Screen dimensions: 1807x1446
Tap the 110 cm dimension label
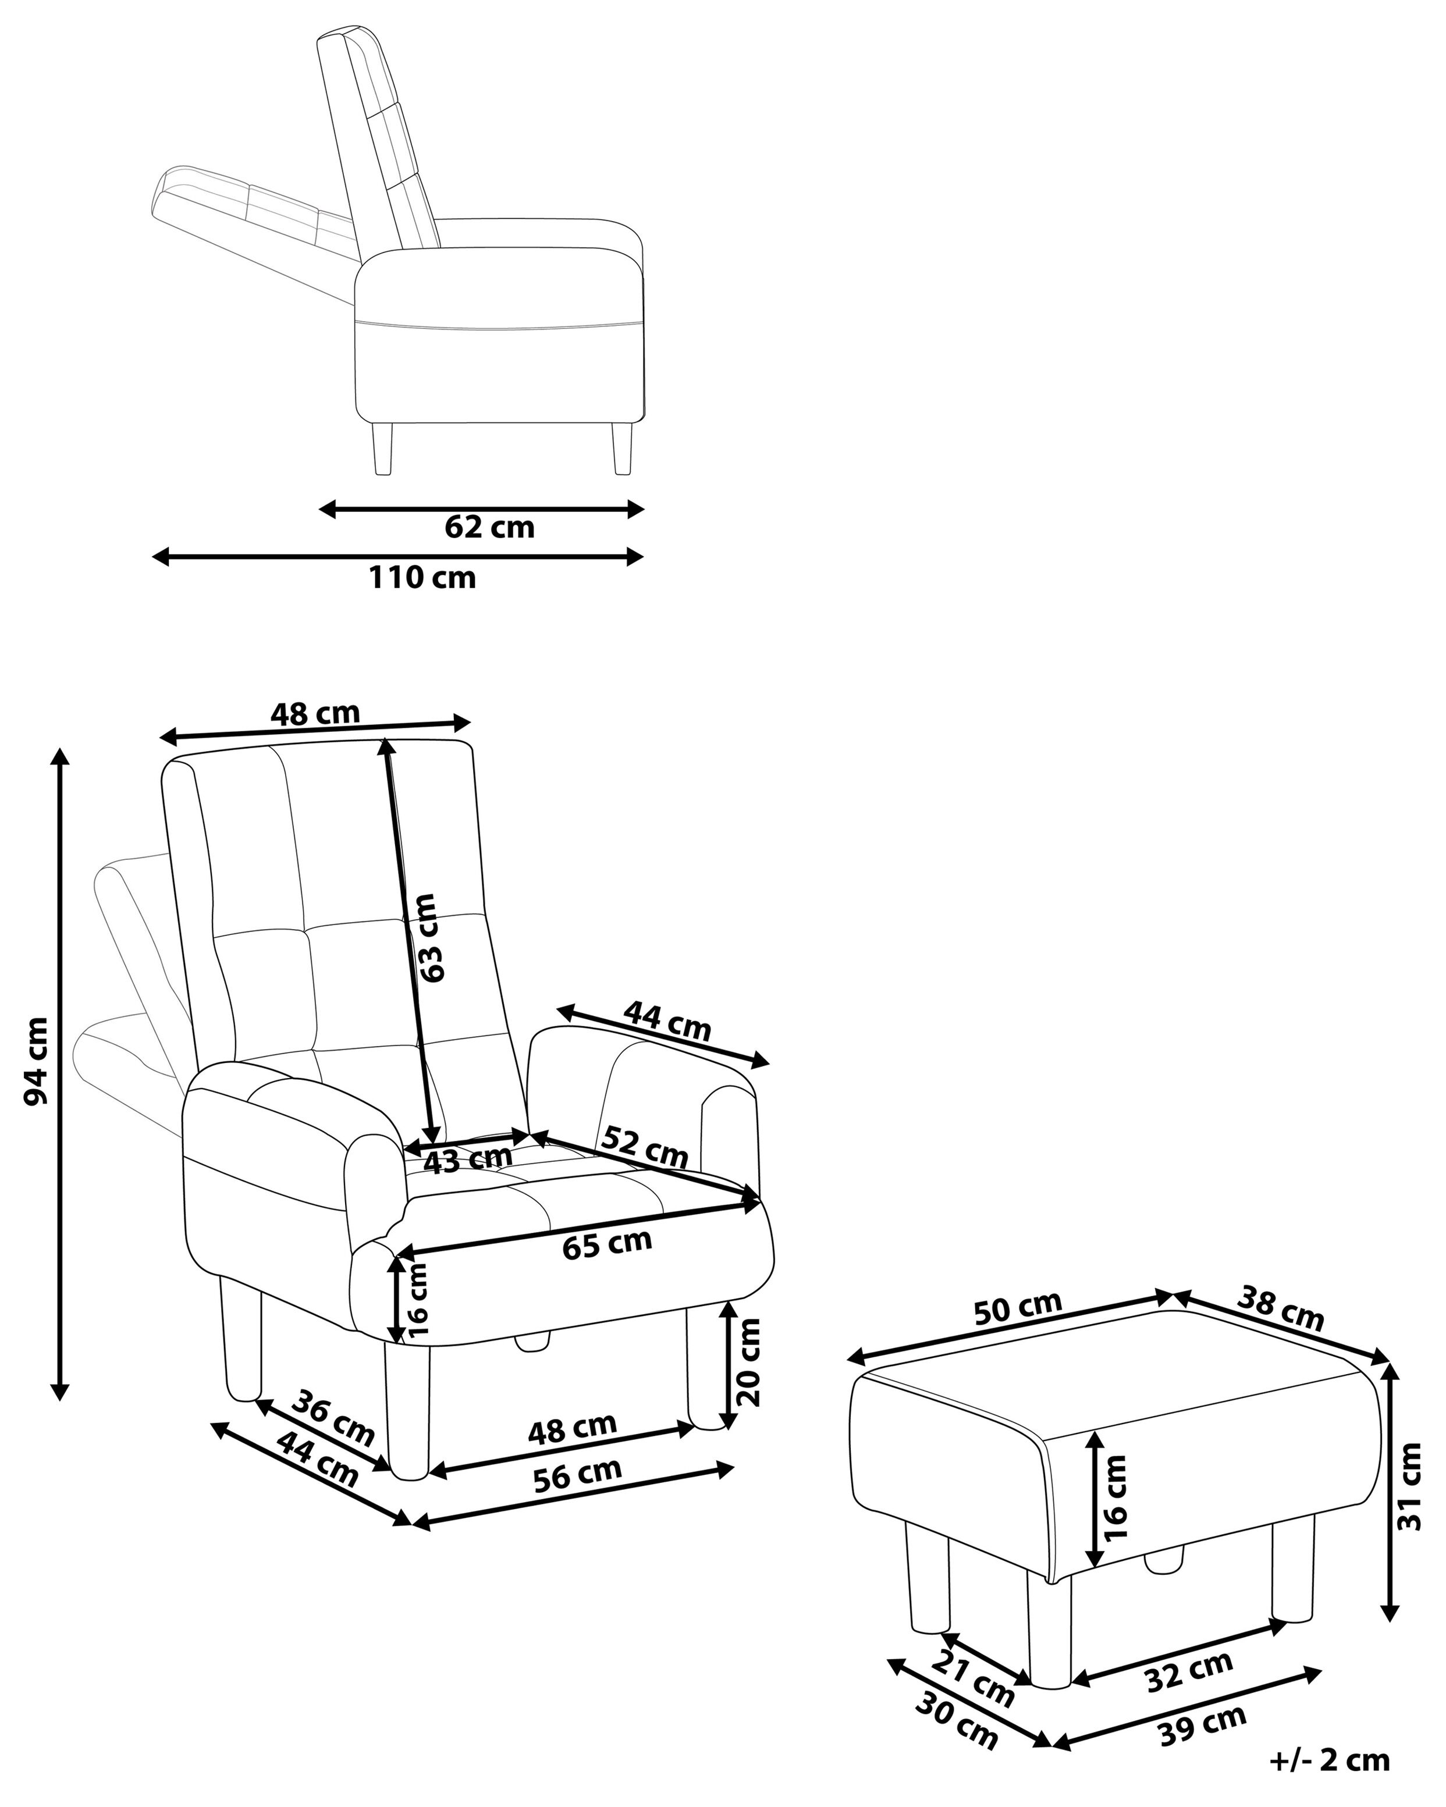422,578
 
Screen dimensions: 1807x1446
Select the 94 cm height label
35,1062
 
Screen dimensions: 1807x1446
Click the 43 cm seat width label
467,1160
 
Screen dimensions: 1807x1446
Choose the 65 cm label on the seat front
607,1244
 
